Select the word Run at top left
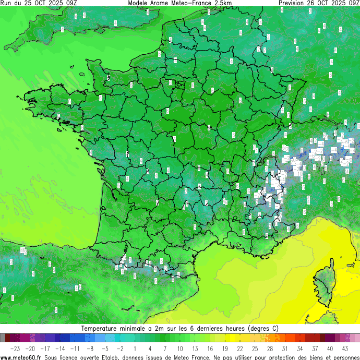(6, 3)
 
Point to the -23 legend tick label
(15, 349)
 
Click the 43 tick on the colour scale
(345, 349)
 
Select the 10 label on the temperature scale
(180, 349)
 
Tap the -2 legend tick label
(120, 349)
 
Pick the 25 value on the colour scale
(255, 349)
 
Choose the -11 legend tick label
(75, 349)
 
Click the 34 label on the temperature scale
(301, 349)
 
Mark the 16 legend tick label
(210, 349)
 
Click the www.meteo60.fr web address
(21, 357)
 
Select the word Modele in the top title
(138, 3)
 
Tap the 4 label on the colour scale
(150, 349)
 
